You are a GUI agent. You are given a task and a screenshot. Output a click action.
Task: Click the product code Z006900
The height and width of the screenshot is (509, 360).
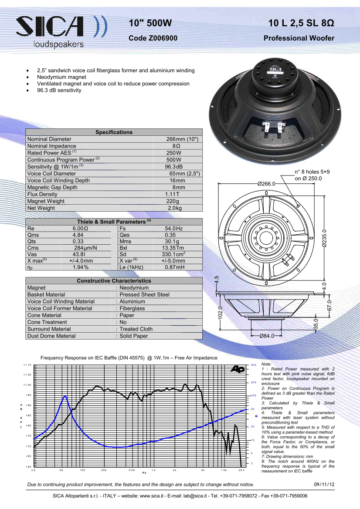coord(153,38)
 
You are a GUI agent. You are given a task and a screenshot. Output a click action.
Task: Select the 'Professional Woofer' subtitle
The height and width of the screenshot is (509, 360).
coord(299,38)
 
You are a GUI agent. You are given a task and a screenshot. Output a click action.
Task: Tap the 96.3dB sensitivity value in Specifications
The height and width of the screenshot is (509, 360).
coord(173,167)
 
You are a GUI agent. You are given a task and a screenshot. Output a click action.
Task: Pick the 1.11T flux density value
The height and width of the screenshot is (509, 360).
coord(172,194)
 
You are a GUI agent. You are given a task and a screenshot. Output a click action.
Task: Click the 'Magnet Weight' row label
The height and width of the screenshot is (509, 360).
coord(46,201)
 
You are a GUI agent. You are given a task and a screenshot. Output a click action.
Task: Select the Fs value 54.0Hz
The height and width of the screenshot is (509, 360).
coord(173,229)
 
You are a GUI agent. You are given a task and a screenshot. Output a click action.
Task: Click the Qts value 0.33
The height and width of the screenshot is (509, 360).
coord(78,241)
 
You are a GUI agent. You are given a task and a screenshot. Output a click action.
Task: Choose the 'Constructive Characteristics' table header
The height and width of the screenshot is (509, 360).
coord(114,281)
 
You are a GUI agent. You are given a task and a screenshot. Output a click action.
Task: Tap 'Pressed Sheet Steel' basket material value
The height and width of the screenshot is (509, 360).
coord(144,295)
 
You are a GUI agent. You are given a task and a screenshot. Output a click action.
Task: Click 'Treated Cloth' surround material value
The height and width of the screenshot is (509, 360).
coord(136,329)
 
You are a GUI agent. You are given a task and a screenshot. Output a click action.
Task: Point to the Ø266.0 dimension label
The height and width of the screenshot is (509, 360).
coord(266,184)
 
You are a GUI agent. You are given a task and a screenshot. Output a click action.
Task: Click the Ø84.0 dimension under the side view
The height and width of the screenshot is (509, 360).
coord(266,336)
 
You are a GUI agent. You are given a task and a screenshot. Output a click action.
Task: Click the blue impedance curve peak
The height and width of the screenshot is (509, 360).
coord(65,396)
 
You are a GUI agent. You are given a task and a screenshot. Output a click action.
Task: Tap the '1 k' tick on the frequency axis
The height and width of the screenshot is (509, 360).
coord(153,470)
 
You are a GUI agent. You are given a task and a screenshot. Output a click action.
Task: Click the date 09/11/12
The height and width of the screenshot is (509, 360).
coord(324,484)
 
